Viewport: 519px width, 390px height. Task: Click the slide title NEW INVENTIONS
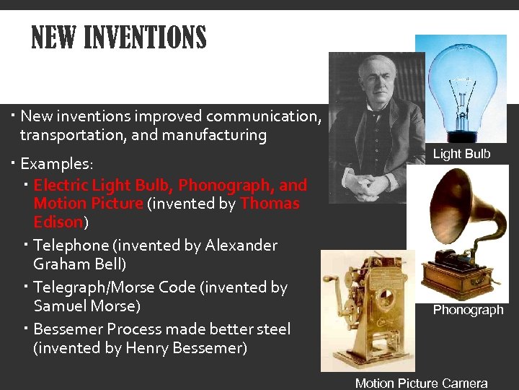119,38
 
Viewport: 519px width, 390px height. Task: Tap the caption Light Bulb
461,154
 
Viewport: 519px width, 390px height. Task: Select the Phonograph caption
468,310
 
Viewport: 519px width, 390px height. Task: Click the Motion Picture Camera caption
421,383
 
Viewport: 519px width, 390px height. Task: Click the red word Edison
58,222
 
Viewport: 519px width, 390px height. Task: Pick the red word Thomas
270,204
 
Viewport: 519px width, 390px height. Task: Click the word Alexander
241,246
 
